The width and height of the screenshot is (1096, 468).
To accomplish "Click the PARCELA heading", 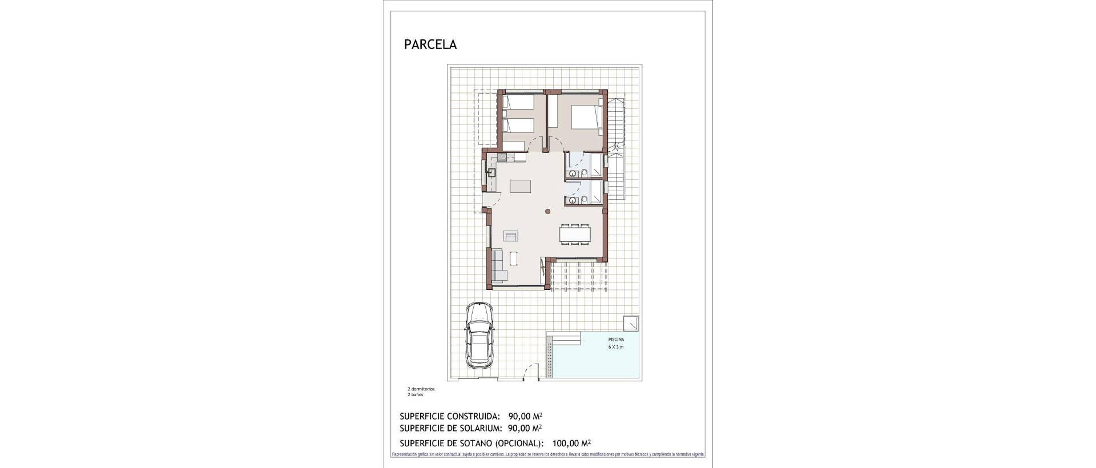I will click(430, 45).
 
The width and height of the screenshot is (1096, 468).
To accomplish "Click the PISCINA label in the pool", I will click(616, 340).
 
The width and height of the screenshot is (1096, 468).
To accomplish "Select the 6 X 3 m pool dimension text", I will click(616, 347).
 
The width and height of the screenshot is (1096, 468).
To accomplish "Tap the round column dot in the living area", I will click(547, 212).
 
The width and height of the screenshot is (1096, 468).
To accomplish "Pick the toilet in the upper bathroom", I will click(585, 174).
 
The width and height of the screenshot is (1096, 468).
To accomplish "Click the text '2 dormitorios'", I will click(421, 389).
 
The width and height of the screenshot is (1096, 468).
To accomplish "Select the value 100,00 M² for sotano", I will click(571, 443).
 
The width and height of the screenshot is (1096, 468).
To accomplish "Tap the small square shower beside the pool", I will click(631, 322).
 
